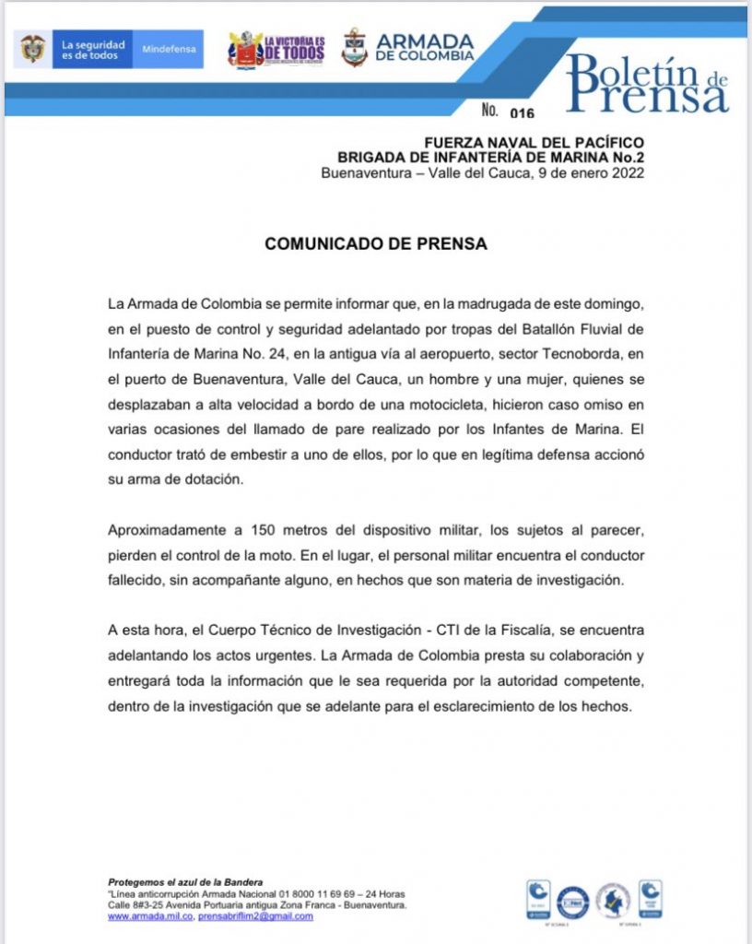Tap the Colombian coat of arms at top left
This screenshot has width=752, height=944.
tap(32, 49)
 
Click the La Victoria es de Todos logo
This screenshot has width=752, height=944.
tap(276, 48)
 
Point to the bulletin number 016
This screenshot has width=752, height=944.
tap(522, 113)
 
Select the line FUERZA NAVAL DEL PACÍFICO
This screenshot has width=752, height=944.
tap(534, 142)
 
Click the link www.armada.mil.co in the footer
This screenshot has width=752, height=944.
tap(150, 916)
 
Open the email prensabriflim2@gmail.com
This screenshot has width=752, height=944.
tap(255, 916)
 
